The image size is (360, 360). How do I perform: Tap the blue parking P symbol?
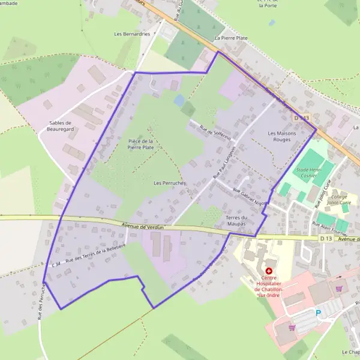[x=319, y=313]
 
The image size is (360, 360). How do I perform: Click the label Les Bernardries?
[x=132, y=34]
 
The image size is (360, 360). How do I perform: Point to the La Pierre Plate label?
[x=231, y=38]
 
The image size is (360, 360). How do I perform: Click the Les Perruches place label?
[x=170, y=182]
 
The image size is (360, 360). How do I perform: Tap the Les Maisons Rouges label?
[x=279, y=136]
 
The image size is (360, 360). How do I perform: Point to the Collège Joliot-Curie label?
[x=339, y=200]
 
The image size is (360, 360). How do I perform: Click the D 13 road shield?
[x=326, y=239]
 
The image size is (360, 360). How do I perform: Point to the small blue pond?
[x=179, y=100]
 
